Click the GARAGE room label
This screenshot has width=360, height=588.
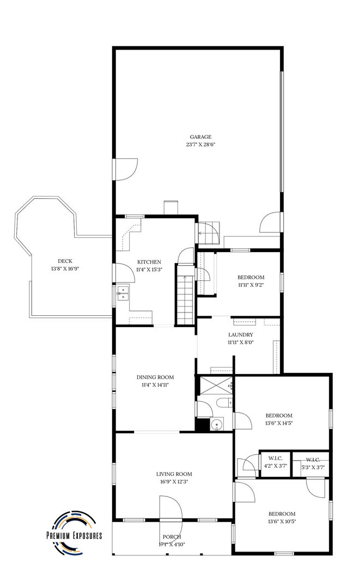(200, 137)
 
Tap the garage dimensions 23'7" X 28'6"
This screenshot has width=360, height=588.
(200, 144)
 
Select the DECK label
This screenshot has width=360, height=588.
(65, 261)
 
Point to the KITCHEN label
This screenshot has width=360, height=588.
(149, 262)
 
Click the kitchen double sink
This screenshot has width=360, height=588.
(122, 293)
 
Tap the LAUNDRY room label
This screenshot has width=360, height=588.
(240, 335)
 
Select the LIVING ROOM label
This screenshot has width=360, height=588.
(174, 474)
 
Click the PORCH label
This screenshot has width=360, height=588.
(172, 537)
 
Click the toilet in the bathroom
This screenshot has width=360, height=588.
(224, 403)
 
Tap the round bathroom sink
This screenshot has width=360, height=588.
(216, 425)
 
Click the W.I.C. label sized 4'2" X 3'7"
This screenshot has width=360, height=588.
(275, 458)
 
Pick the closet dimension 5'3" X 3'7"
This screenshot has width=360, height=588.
(313, 467)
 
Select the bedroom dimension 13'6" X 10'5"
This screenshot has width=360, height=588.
(282, 521)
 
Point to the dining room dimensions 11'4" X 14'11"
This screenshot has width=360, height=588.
(155, 385)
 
